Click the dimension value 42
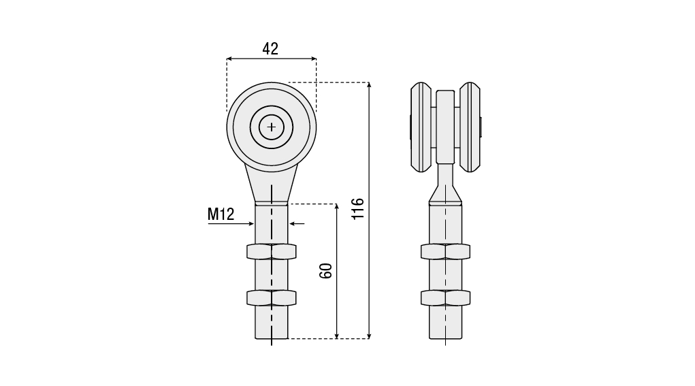click(270, 48)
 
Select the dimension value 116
click(357, 209)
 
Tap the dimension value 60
click(326, 271)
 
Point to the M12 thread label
click(221, 214)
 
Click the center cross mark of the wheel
click(272, 127)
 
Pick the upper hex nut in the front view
click(272, 252)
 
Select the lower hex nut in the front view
click(272, 297)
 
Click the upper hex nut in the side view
click(445, 252)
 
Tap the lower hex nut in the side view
click(445, 297)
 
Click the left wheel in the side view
click(421, 127)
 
